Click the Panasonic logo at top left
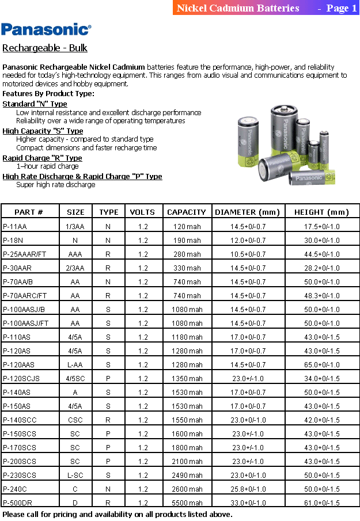point(46,29)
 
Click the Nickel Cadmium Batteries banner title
point(238,8)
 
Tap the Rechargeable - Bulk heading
point(45,48)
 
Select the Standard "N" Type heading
point(35,104)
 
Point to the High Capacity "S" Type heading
point(43,131)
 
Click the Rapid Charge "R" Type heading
point(42,158)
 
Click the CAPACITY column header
point(187,212)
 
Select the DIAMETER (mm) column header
point(247,212)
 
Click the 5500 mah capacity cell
point(187,503)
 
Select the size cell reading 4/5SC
point(75,378)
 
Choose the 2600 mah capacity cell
point(187,489)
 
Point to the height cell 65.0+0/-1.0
point(322,364)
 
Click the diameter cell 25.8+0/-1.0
point(248,489)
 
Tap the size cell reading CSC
point(75,420)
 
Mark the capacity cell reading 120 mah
point(187,226)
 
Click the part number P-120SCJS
point(21,378)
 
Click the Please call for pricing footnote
point(117,514)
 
